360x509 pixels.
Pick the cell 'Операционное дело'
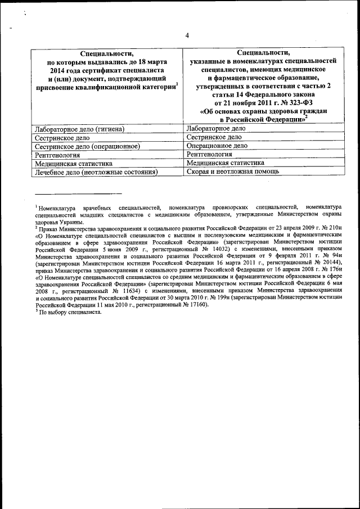coord(217,145)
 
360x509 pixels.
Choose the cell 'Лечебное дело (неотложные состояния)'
coord(95,172)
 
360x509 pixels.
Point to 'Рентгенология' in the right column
coord(209,154)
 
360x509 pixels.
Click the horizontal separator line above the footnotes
coord(78,194)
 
